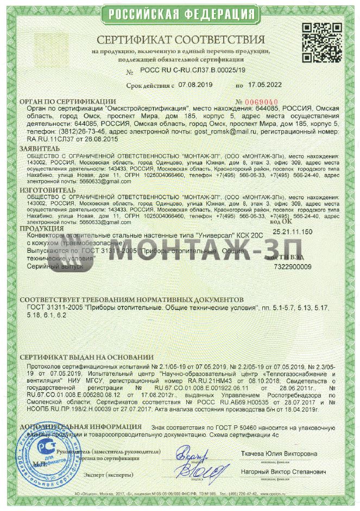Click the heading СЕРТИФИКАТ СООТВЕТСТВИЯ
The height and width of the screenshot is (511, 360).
tap(181, 40)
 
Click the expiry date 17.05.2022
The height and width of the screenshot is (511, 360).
tap(266, 85)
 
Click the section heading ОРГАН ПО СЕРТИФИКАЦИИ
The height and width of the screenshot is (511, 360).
tap(67, 101)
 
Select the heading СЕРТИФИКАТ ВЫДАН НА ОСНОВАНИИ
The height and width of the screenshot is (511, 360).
tap(86, 359)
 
